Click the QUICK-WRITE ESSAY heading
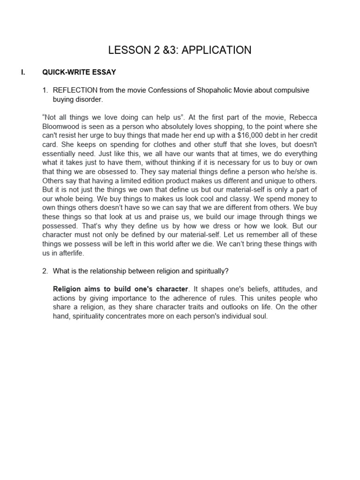click(x=79, y=72)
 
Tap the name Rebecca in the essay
click(x=302, y=118)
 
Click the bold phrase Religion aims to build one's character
click(x=120, y=289)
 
